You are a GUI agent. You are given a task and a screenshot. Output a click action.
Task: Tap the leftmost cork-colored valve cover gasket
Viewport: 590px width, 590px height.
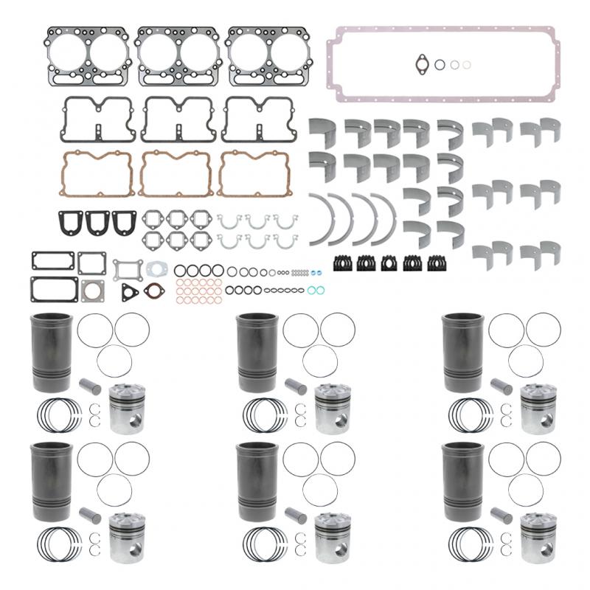click(x=95, y=175)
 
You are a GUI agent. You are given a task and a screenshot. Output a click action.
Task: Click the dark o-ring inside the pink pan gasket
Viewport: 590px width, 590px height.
click(x=440, y=64)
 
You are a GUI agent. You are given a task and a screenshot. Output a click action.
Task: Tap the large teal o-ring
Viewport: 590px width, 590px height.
click(x=313, y=290)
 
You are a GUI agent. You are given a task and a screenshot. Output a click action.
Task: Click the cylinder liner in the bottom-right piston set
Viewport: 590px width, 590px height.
click(x=460, y=479)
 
